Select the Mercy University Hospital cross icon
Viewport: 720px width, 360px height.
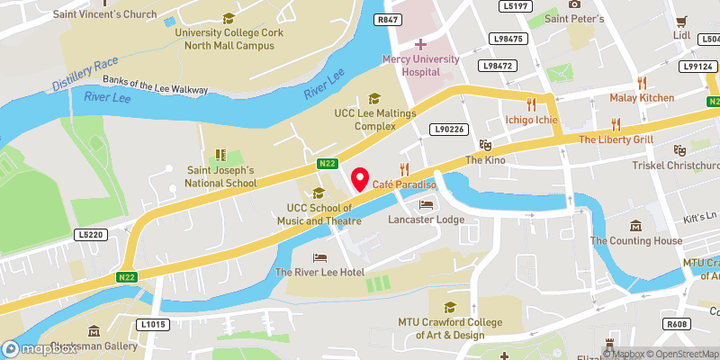[x=420, y=43]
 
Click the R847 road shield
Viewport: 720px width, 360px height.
[x=389, y=19]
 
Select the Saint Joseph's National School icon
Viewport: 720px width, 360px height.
[x=220, y=156]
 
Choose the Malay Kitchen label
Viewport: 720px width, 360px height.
[x=642, y=97]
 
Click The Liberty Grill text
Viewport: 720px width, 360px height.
[x=615, y=139]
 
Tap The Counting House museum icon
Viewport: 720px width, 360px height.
[x=636, y=225]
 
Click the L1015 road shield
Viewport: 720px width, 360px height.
[x=153, y=324]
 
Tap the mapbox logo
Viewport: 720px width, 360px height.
[x=40, y=348]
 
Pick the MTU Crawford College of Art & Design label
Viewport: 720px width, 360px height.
[x=447, y=328]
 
